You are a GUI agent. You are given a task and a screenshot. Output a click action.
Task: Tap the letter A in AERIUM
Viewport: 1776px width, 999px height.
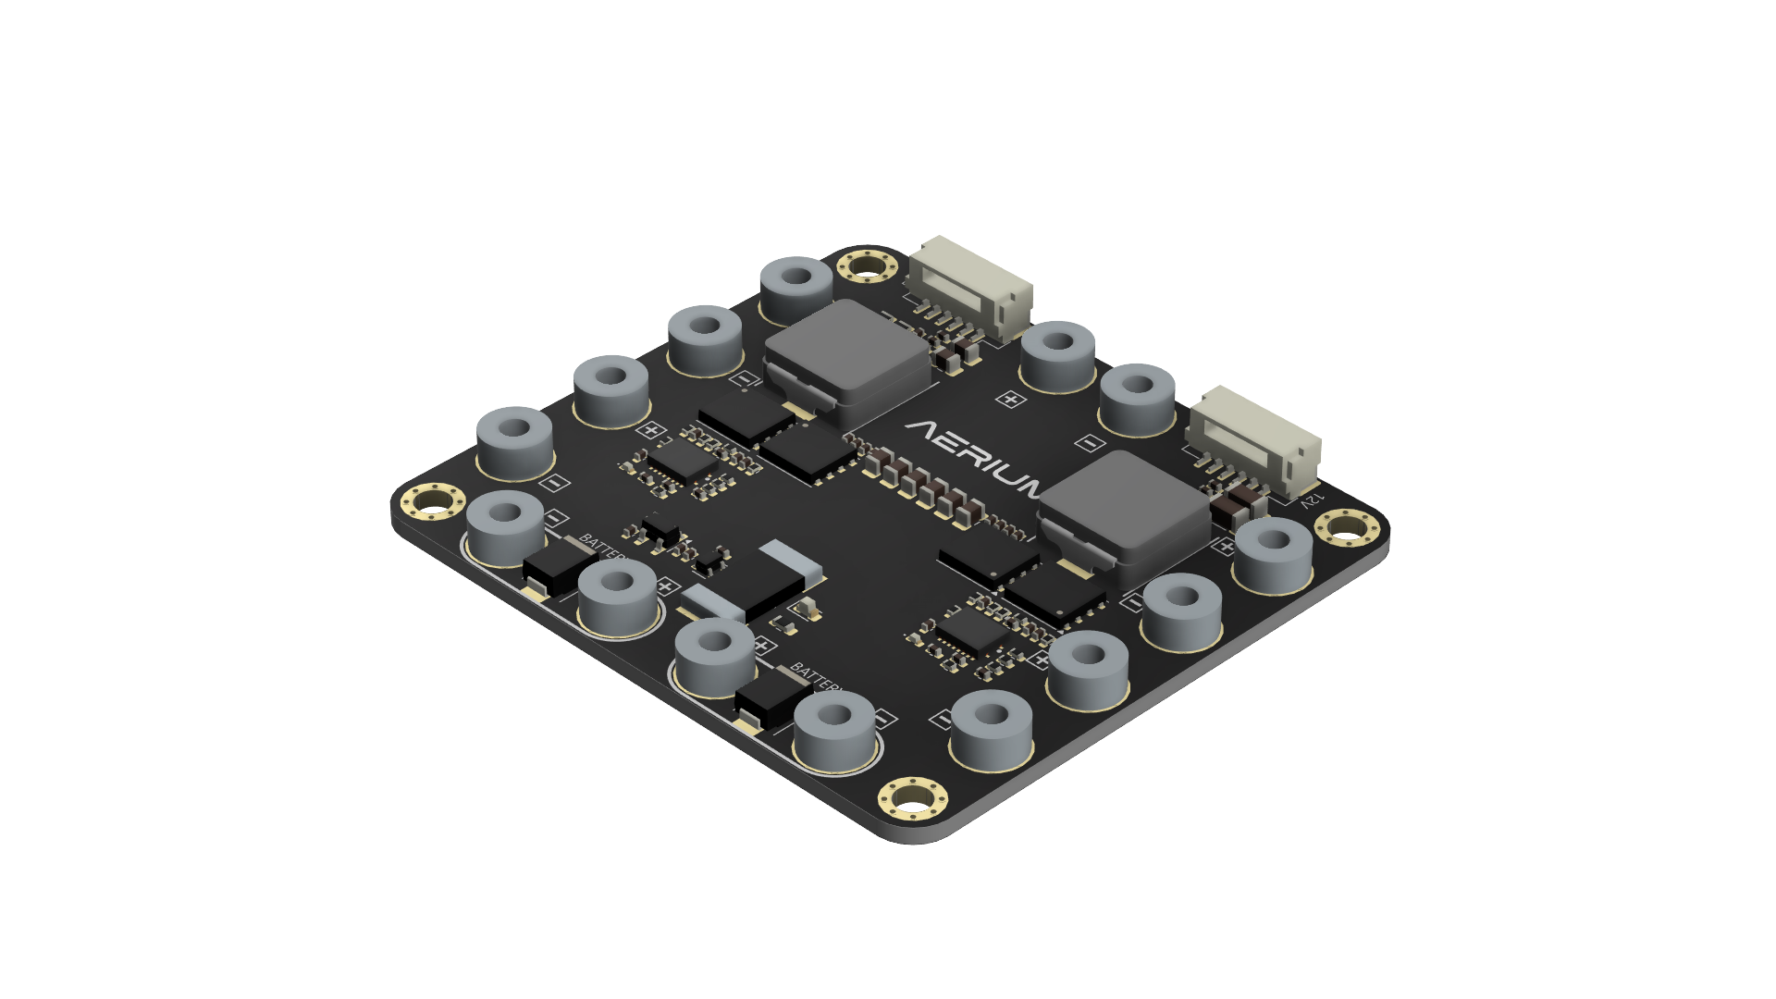point(924,431)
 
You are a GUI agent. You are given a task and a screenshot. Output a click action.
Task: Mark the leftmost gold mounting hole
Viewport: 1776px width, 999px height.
point(432,502)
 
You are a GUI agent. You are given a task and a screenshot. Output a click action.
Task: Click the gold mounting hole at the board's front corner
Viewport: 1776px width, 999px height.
point(913,796)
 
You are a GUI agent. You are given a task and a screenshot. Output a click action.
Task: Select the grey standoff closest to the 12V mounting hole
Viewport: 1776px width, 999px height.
point(1274,552)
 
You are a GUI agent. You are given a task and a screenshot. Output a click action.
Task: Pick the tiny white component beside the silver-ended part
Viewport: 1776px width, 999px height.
point(806,607)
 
